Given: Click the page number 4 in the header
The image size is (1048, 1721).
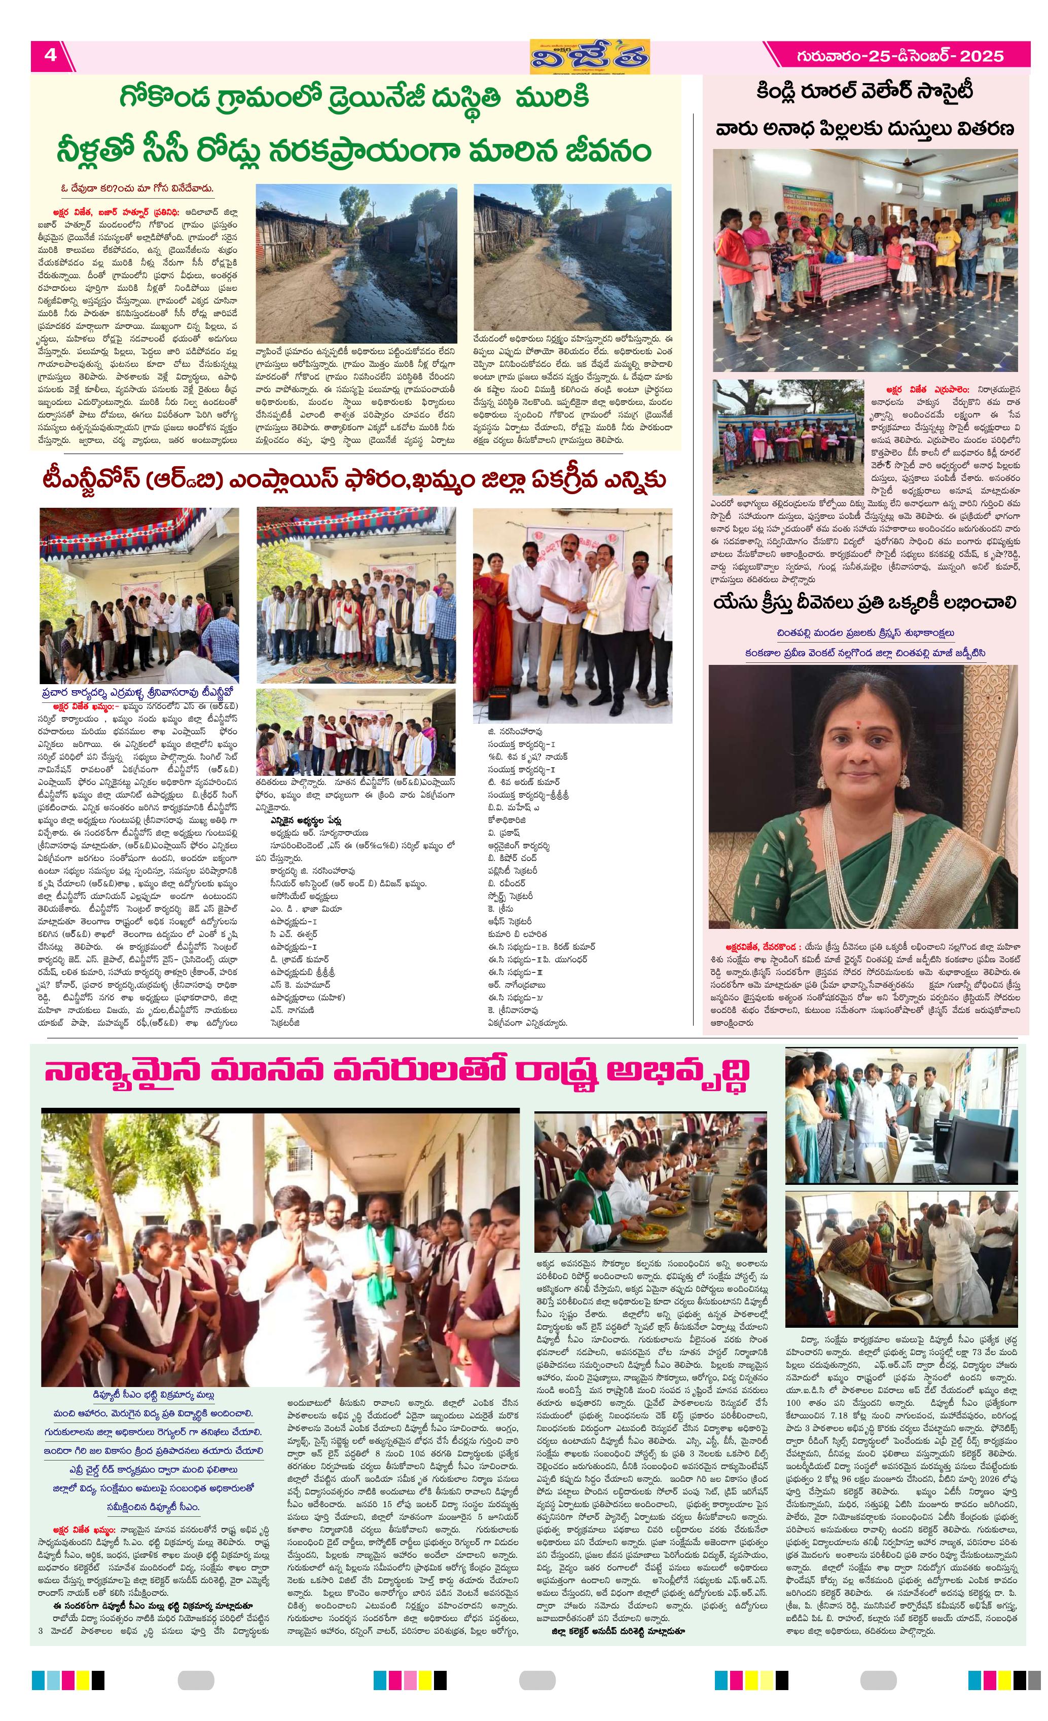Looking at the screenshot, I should tap(50, 55).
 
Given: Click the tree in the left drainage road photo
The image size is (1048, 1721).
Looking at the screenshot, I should tap(353, 203).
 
